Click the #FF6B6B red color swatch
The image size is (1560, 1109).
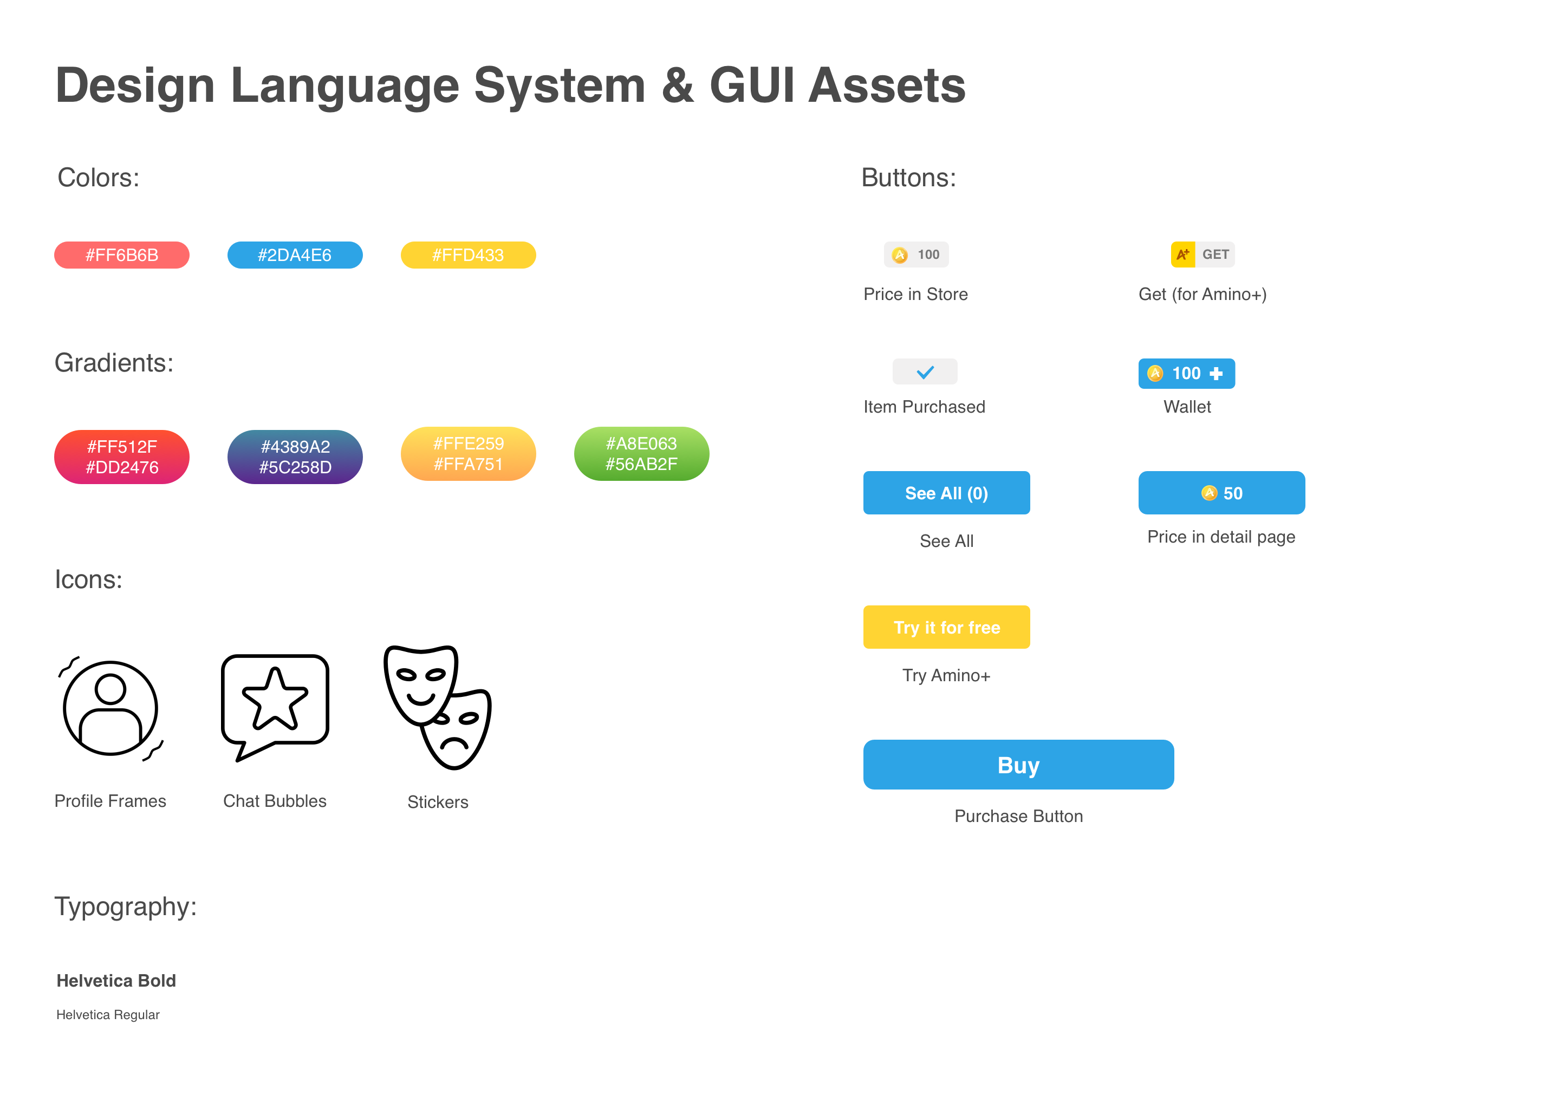(121, 255)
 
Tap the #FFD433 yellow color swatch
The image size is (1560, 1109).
(468, 255)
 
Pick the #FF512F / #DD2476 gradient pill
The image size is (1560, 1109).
(121, 457)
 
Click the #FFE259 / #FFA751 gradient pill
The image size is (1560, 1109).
(468, 453)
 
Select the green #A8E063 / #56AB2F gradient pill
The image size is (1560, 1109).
(641, 453)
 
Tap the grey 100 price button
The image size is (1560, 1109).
(916, 255)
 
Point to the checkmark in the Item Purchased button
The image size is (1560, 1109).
(925, 372)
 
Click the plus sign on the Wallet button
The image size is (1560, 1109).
(1215, 374)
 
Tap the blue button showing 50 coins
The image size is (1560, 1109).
(1221, 493)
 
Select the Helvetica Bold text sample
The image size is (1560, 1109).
(116, 981)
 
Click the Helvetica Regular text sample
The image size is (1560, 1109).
(108, 1015)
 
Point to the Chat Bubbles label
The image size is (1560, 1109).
(275, 801)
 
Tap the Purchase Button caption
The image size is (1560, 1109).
(1018, 816)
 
